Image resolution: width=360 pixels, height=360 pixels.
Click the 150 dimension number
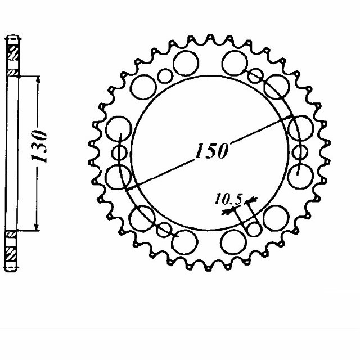pos(211,151)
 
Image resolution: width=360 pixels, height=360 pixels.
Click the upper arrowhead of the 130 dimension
pos(38,80)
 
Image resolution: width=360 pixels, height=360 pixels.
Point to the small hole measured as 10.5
pos(255,229)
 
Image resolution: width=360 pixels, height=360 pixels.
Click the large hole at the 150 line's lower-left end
pos(119,176)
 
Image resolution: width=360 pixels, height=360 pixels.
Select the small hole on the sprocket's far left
pos(119,152)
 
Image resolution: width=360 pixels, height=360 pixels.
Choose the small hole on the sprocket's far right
pos(300,152)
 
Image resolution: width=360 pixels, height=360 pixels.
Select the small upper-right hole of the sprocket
pos(255,74)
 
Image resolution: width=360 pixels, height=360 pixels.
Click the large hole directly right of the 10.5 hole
pos(276,215)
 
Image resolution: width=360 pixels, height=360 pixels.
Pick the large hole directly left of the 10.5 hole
pos(233,242)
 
